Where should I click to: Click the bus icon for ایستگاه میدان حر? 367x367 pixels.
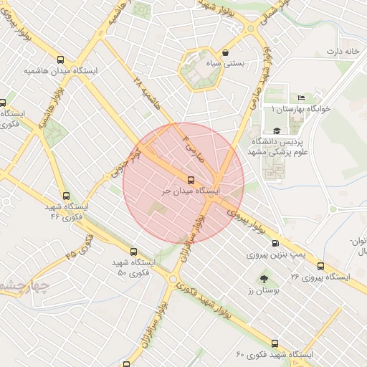click(x=190, y=180)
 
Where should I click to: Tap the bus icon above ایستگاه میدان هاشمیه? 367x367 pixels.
click(x=60, y=60)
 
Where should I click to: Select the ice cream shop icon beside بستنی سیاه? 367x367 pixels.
click(x=226, y=52)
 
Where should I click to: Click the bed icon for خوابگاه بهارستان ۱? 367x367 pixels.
click(x=301, y=97)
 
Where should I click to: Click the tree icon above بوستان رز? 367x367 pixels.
click(x=263, y=277)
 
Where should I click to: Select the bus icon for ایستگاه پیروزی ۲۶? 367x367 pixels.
click(x=320, y=264)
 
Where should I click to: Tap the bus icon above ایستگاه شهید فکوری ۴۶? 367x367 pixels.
click(x=67, y=195)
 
